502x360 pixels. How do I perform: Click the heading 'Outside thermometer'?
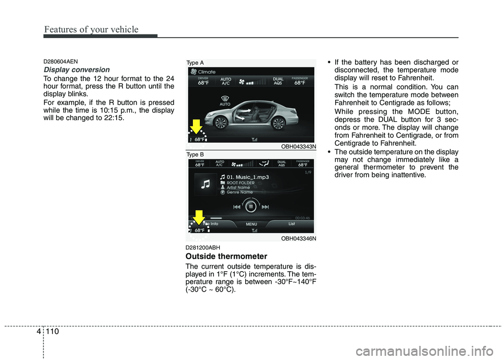(x=226, y=256)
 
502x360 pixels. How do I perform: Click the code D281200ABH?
(x=203, y=247)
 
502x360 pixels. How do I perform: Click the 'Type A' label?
(x=195, y=63)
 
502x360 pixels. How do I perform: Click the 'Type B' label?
(x=195, y=155)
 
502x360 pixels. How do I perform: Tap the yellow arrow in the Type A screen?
(x=195, y=126)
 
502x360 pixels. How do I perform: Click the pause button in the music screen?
(x=251, y=206)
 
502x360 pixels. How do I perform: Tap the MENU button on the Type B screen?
(x=251, y=225)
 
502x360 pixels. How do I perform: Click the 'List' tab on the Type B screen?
(x=292, y=224)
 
